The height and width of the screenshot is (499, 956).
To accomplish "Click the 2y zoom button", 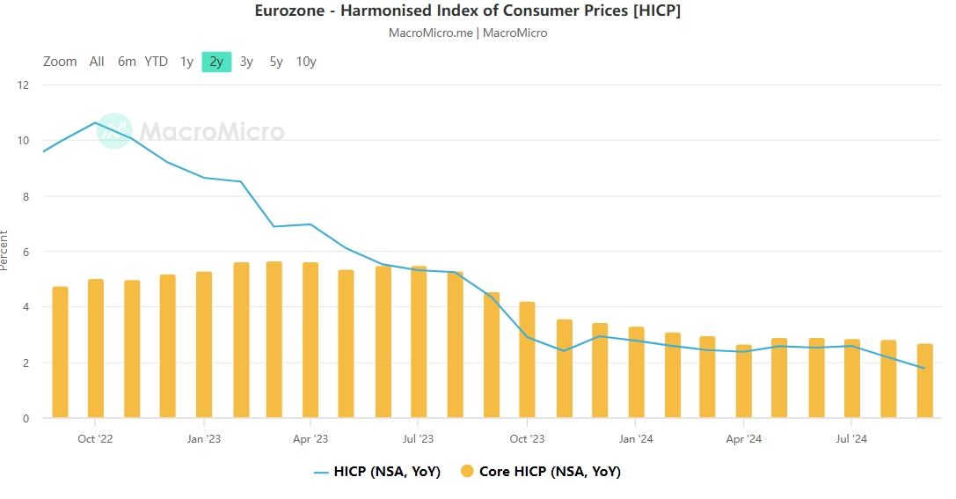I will pos(216,62).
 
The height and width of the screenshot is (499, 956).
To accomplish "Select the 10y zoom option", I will pos(306,62).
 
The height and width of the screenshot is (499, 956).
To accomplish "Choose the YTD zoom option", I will pos(157,62).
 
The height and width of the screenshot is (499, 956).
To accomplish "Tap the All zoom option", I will pos(97,62).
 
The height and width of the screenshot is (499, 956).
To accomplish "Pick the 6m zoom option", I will pos(128,62).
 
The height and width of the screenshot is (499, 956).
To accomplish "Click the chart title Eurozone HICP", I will pos(467,11).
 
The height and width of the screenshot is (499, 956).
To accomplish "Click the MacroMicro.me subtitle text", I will pos(467,33).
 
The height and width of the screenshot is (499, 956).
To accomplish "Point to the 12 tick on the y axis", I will pos(24,85).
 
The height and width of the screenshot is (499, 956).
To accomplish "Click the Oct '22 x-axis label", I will pos(95,438).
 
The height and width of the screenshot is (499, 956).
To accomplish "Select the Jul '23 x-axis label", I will pos(419,438).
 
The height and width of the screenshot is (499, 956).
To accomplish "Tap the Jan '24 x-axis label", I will pos(635,438).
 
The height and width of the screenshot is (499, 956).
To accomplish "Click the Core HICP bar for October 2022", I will pos(96,349).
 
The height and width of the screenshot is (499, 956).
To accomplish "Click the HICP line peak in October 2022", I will pos(95,122).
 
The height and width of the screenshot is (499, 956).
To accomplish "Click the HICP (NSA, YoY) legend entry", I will pos(377,472).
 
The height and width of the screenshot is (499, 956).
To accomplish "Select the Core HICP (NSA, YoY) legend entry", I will pos(541,472).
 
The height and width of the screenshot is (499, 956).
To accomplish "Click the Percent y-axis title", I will pos(5,251).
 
